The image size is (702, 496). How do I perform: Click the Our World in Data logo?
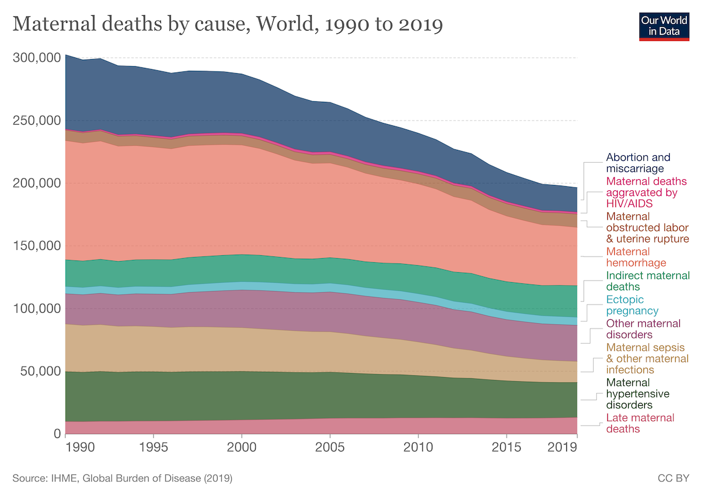(x=665, y=25)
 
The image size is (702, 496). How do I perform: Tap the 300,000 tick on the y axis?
(x=36, y=58)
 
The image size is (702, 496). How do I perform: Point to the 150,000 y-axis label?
(x=36, y=245)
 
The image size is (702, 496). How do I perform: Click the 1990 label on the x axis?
(x=80, y=446)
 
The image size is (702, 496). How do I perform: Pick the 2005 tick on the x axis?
(x=330, y=446)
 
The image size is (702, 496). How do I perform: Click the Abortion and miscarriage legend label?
(x=638, y=163)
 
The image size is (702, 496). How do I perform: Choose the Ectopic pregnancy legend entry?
(x=632, y=305)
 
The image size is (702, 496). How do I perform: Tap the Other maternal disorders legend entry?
(x=643, y=329)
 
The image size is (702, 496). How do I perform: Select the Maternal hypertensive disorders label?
(x=637, y=393)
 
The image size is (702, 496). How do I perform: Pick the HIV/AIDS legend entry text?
(x=642, y=192)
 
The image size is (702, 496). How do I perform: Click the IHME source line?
(x=122, y=478)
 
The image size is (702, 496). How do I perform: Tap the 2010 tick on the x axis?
(x=418, y=446)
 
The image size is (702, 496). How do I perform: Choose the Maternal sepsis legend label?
(x=643, y=358)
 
